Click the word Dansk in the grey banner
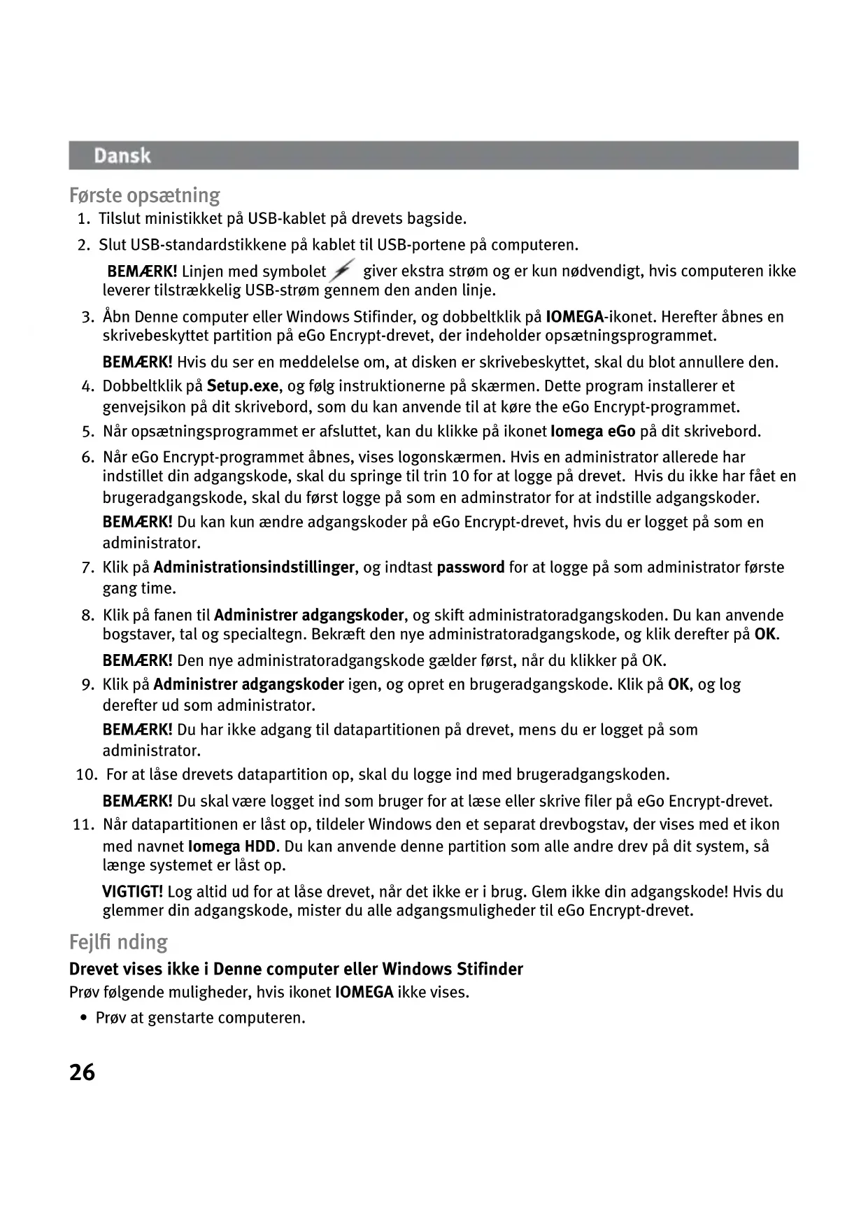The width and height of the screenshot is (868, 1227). point(122,155)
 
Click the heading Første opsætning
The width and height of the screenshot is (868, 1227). point(145,195)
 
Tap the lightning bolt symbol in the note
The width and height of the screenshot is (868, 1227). point(343,271)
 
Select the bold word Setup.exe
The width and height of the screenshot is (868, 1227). point(243,386)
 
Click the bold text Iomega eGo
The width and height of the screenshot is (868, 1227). point(593,432)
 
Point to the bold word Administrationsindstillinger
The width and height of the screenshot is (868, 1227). point(254,567)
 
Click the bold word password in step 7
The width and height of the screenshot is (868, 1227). point(471,567)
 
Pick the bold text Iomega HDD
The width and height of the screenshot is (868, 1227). point(232,846)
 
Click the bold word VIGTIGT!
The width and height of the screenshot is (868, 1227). point(133,892)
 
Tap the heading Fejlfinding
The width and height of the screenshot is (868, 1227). point(119,942)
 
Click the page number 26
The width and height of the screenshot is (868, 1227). point(83,1072)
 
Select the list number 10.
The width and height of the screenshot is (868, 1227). point(86,775)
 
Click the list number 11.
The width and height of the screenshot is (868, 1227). point(83,825)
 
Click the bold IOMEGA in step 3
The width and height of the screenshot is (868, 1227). point(574,317)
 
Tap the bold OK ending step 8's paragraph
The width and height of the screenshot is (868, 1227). point(766,635)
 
